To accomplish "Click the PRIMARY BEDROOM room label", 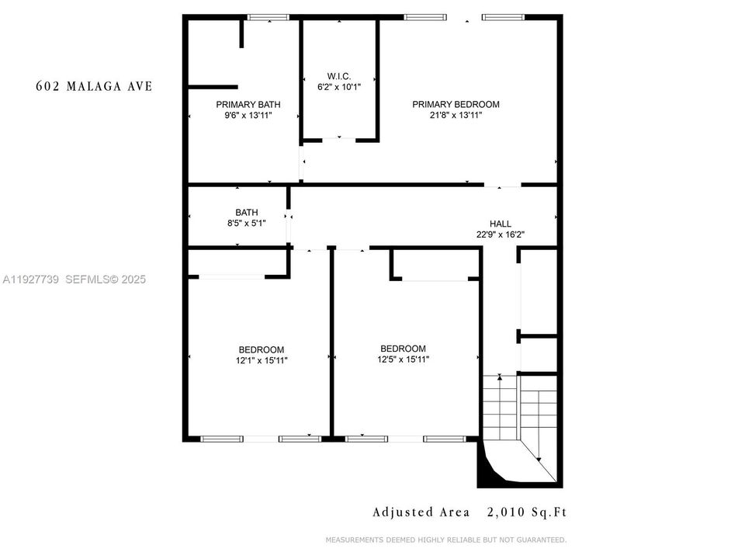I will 456,104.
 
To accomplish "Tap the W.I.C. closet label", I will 339,76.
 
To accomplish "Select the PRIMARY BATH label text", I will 248,104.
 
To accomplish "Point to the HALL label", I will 500,224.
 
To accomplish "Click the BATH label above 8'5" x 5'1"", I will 247,213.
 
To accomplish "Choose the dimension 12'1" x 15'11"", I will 261,360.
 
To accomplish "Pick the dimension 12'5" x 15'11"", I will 403,359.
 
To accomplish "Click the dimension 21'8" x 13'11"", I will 456,115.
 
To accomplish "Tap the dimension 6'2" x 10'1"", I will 339,87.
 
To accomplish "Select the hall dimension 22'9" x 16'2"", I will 500,234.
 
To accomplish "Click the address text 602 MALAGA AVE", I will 94,86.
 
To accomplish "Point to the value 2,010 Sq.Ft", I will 527,512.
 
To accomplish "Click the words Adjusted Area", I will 421,512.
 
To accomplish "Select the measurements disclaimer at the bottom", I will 445,540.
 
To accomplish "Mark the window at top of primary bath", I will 268,17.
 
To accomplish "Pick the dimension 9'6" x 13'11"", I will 248,115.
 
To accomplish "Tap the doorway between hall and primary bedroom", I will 502,185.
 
